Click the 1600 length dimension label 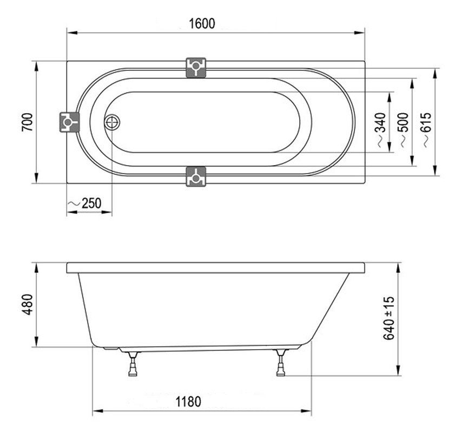(x=202, y=23)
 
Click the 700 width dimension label (x=28, y=122)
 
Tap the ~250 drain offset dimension (x=85, y=203)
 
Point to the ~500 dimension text (x=405, y=130)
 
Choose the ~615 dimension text (x=427, y=130)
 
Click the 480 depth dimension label (x=28, y=304)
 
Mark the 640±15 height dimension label (x=389, y=318)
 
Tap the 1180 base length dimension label (x=188, y=402)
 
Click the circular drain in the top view (x=112, y=122)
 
